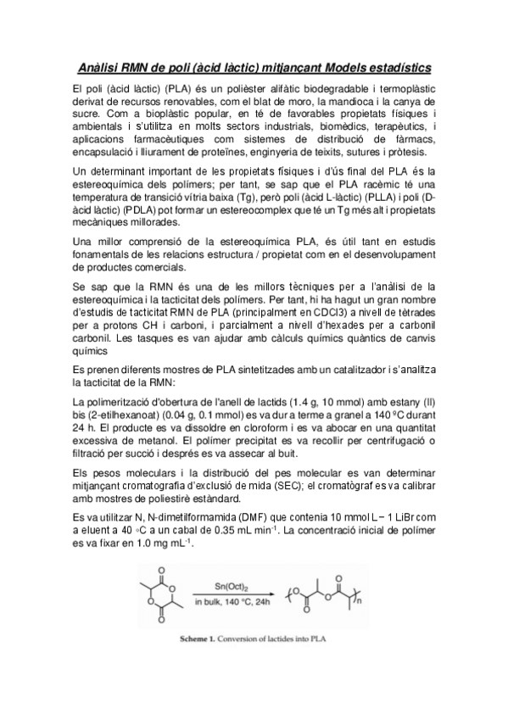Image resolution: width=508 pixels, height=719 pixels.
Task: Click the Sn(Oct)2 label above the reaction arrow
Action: pos(218,585)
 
